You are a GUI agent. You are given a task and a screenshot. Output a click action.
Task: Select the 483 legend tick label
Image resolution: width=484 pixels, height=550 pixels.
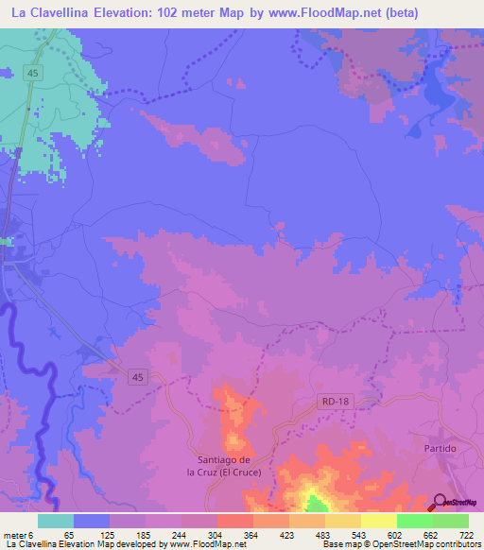[x=304, y=534]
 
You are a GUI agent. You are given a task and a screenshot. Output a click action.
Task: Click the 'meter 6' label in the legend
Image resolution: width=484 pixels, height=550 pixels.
[x=20, y=534]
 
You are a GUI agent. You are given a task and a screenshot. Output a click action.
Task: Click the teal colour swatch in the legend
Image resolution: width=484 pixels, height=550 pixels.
[x=56, y=521]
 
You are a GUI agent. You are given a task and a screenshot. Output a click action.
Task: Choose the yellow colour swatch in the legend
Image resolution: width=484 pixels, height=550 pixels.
[x=378, y=521]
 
